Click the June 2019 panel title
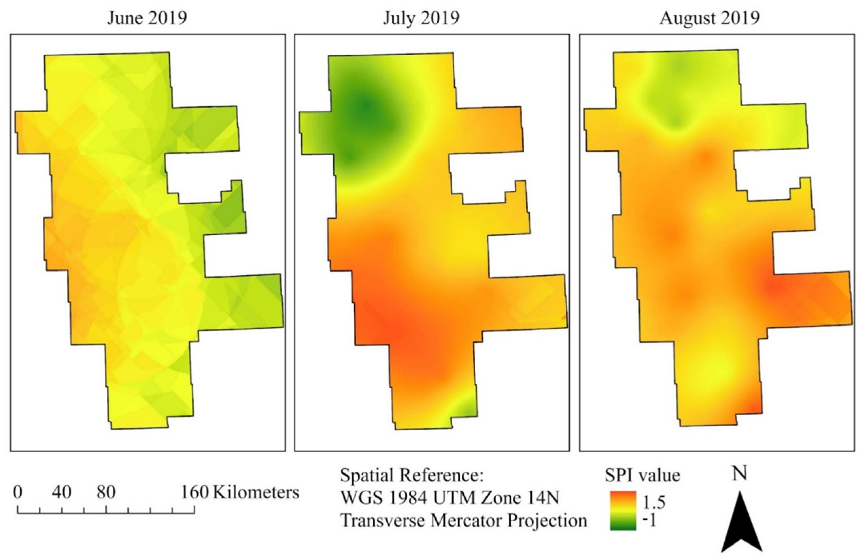(147, 17)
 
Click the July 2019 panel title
(421, 17)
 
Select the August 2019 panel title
(709, 17)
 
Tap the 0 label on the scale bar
(17, 492)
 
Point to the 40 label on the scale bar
(61, 492)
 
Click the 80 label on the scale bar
(106, 492)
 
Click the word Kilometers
(256, 492)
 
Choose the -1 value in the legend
(649, 521)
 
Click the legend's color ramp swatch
(623, 510)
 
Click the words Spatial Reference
(412, 475)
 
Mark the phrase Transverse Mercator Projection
(463, 521)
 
